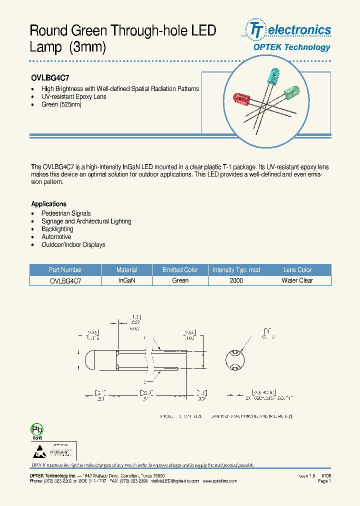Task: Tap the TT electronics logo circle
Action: (x=256, y=30)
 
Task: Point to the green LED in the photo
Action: (x=290, y=93)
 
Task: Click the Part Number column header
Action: (x=65, y=270)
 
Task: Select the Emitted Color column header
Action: (x=180, y=270)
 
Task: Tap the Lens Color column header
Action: (x=297, y=270)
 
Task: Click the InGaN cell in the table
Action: (x=127, y=281)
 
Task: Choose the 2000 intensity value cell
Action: (x=236, y=281)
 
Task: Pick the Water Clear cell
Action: (x=297, y=281)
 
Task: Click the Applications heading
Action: (x=49, y=204)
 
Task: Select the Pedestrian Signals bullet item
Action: (x=66, y=213)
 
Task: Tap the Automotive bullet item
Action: (x=56, y=237)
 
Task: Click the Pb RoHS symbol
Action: (x=37, y=430)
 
